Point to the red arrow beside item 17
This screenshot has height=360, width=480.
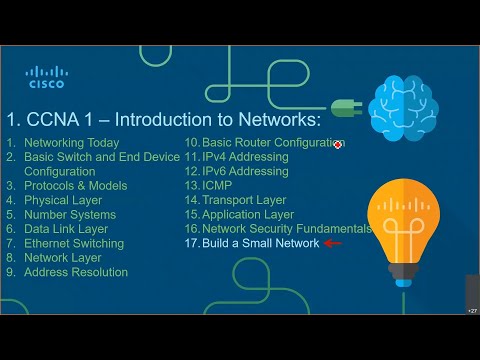click(x=333, y=243)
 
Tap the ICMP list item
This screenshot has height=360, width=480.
click(x=217, y=186)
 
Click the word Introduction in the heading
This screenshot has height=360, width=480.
click(x=156, y=120)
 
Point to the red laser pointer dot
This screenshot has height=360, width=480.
click(x=338, y=145)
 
